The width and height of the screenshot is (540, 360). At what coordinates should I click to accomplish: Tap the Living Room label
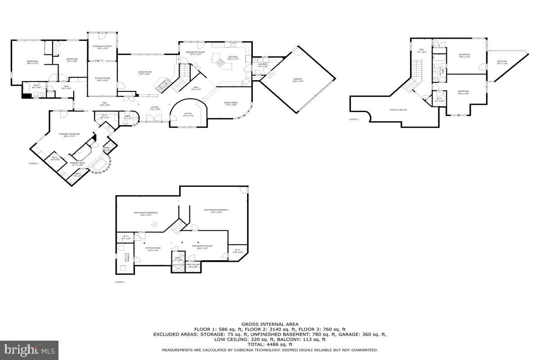coord(144,72)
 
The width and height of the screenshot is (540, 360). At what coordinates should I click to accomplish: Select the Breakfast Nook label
coord(195,52)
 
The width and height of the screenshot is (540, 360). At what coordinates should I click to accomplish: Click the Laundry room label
coord(263,64)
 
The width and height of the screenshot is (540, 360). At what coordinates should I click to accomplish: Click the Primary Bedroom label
coord(69,134)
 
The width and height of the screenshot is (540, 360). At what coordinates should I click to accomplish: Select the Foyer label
coord(154,107)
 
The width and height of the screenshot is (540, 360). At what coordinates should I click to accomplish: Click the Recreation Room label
coord(202,246)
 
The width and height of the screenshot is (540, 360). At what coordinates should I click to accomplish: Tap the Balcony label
coord(502,62)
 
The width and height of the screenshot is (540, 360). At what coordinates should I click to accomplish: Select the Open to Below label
coord(399,110)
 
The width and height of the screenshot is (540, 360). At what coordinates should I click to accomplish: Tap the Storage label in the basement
coord(128,258)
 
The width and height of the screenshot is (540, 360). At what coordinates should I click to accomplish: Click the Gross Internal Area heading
coord(270,324)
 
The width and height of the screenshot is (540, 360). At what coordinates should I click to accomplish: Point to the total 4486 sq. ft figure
coord(270,344)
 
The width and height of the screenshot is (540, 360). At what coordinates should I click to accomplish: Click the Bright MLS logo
coord(30,349)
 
